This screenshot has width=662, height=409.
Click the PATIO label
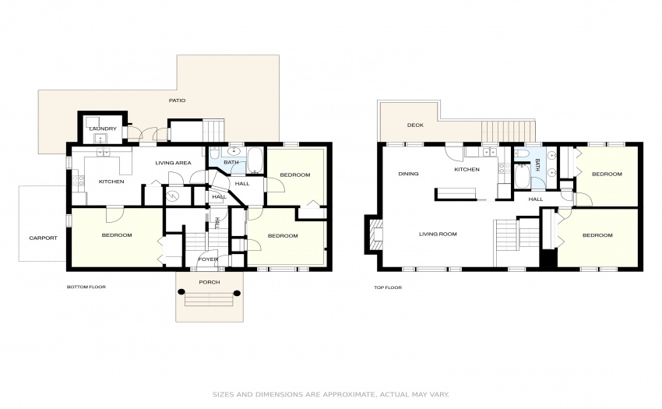[177, 100]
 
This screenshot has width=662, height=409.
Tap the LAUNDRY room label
[103, 129]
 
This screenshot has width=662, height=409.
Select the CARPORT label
[43, 238]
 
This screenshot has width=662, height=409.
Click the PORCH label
[210, 282]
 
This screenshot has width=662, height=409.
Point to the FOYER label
[208, 259]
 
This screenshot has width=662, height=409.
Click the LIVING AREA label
[173, 163]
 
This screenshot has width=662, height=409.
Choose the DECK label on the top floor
[415, 125]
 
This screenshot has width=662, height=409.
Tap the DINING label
[408, 174]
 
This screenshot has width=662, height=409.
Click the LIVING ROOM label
[438, 234]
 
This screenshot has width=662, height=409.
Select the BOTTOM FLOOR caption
[86, 287]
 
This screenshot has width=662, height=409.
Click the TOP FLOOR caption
[388, 287]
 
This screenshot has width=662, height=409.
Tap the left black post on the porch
[181, 291]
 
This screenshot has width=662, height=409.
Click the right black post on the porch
[237, 293]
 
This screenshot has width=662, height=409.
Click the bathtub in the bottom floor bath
[255, 160]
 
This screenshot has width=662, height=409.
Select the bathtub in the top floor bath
[523, 177]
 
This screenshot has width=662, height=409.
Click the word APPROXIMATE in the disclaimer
[349, 395]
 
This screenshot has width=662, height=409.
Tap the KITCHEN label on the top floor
[467, 169]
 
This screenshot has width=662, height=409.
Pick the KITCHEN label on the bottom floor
[111, 182]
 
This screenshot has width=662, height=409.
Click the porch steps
[210, 301]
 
